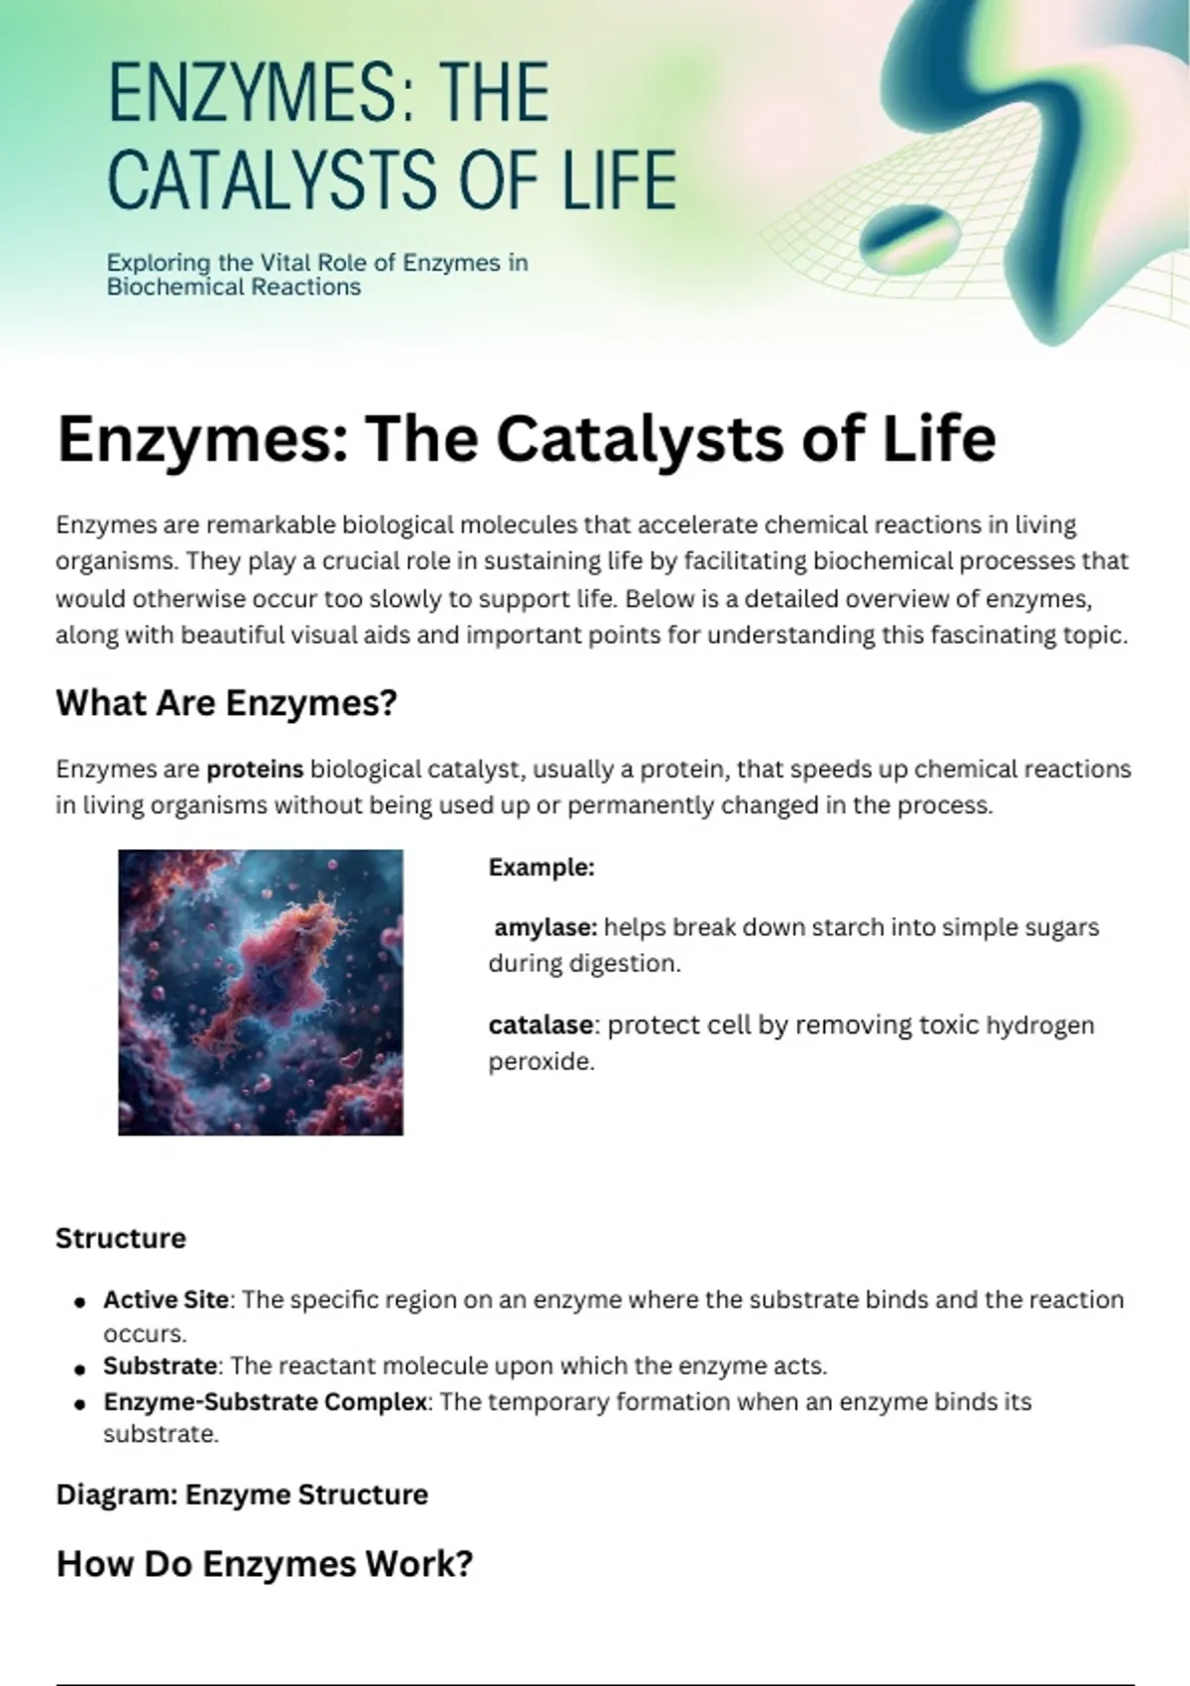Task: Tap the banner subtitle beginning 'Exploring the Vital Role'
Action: (x=317, y=275)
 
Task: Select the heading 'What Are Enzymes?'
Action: (x=226, y=704)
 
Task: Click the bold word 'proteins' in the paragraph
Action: (x=255, y=770)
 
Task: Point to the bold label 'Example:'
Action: (x=541, y=868)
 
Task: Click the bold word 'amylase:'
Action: (x=545, y=928)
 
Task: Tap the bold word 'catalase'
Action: (x=540, y=1025)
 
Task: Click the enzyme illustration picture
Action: (x=261, y=993)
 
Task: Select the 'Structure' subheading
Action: (x=120, y=1239)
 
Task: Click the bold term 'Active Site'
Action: (x=167, y=1300)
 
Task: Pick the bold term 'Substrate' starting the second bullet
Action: (x=161, y=1366)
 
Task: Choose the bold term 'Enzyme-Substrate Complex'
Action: (x=266, y=1402)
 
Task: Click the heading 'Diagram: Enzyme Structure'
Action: (x=242, y=1495)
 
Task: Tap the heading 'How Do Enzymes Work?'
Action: (x=265, y=1564)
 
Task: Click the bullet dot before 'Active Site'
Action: (x=79, y=1303)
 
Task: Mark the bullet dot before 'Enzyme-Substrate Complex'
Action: (x=79, y=1404)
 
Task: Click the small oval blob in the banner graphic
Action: (x=909, y=240)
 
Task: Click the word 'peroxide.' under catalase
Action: (x=541, y=1063)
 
